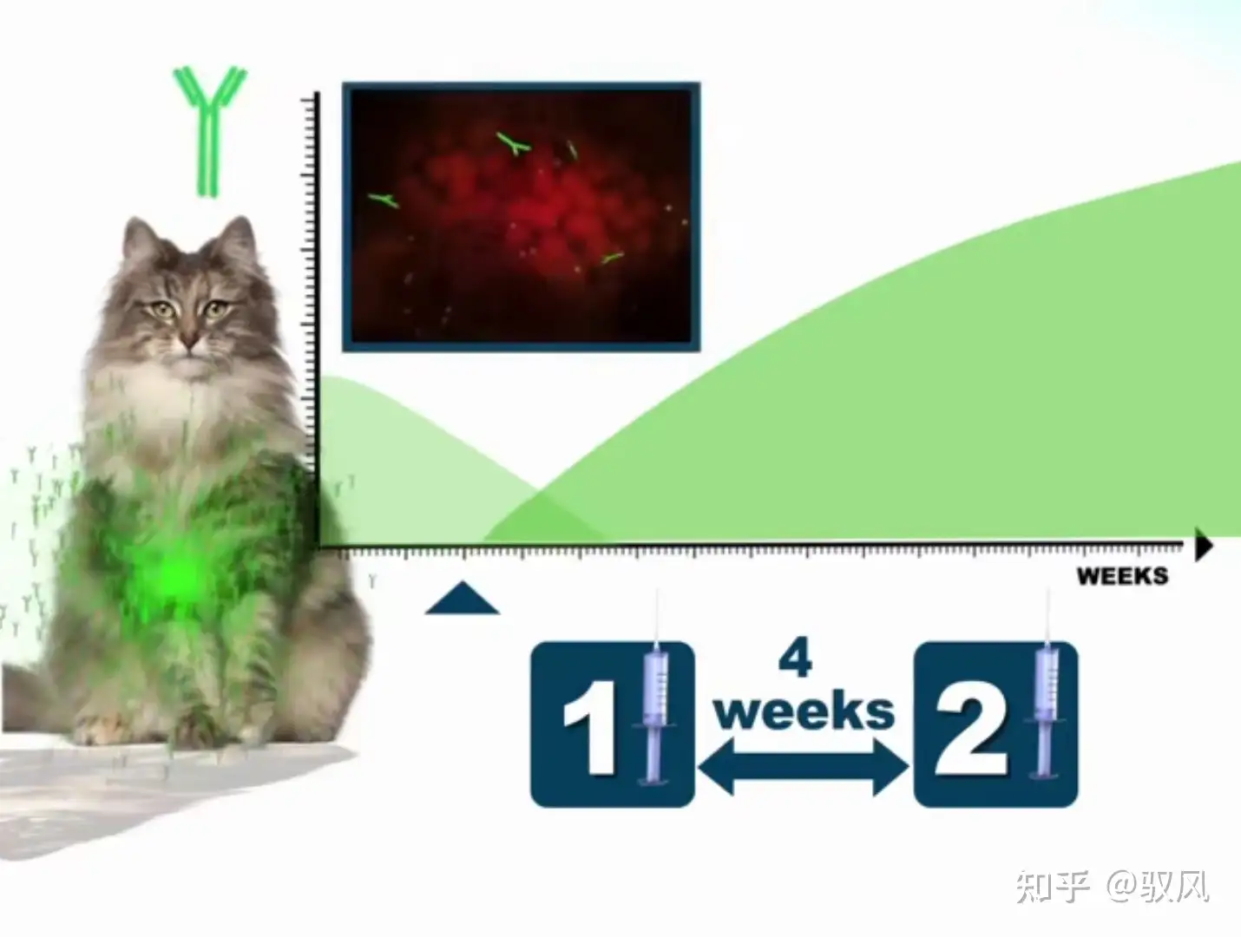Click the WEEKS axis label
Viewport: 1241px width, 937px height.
[x=1122, y=576]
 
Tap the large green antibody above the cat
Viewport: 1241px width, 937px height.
[x=209, y=132]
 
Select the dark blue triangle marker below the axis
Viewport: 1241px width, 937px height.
[x=463, y=598]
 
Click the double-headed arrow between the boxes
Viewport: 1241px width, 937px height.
[x=804, y=767]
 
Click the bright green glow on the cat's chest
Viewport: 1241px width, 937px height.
[x=176, y=574]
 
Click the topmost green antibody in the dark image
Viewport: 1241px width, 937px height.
[x=514, y=143]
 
